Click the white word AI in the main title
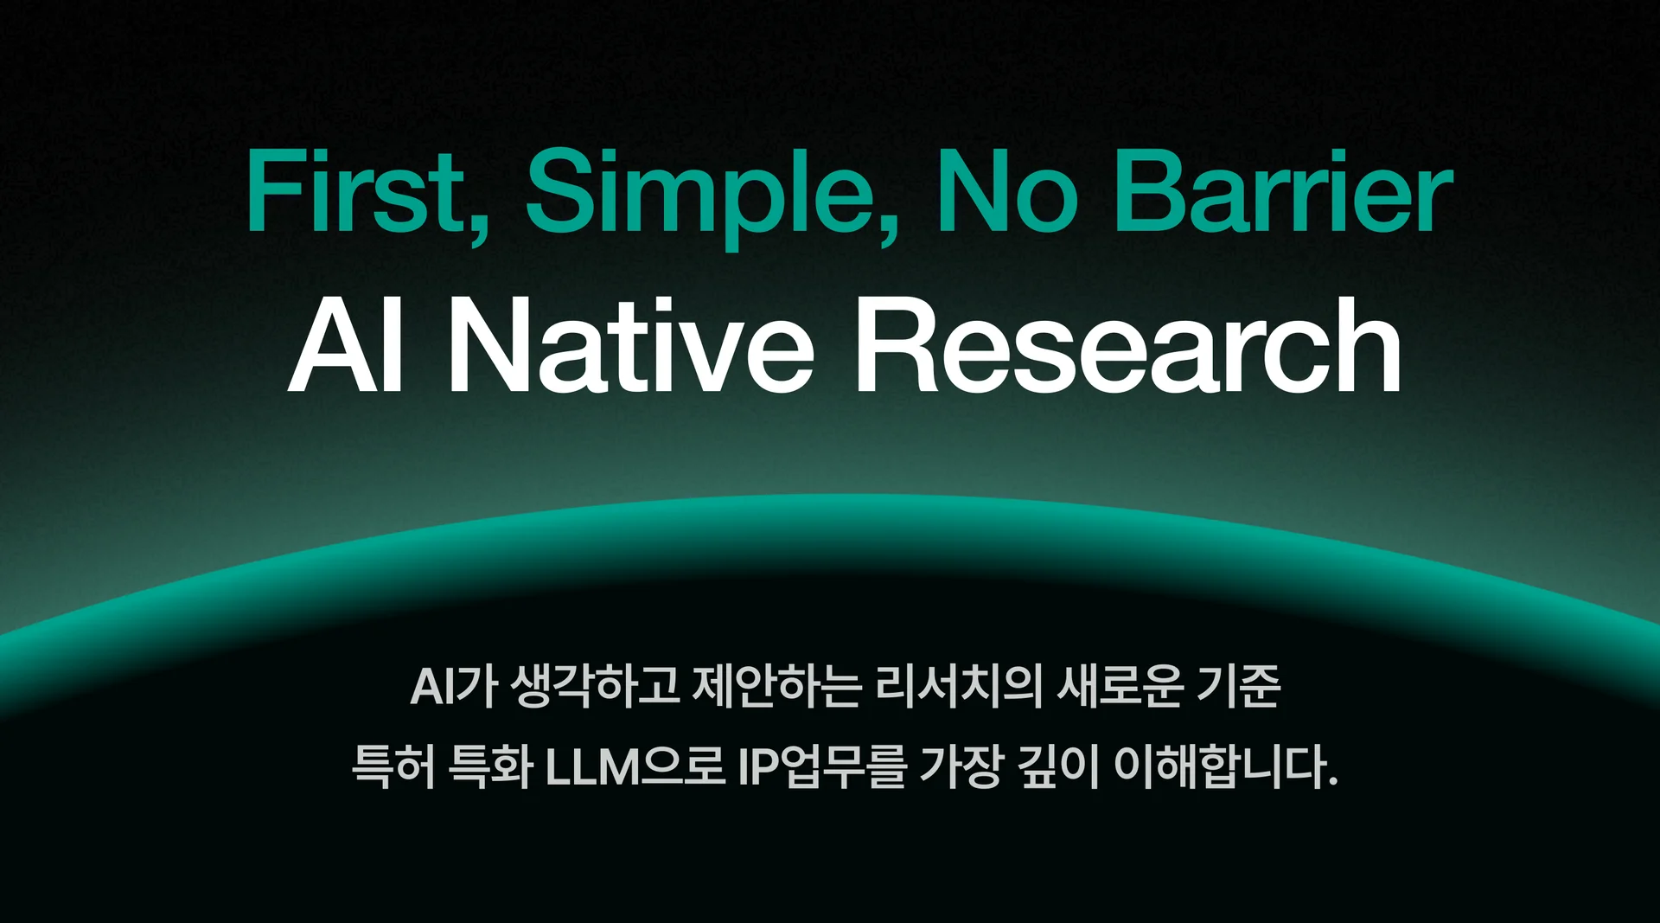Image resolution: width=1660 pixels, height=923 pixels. coord(346,344)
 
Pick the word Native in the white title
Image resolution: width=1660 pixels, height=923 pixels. coord(630,344)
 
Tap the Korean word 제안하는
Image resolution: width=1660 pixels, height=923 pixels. coord(778,687)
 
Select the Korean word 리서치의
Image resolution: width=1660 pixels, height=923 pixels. coord(960,687)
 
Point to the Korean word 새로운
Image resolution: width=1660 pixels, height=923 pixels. coord(1120,687)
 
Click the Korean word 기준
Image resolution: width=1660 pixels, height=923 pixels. coord(1238,687)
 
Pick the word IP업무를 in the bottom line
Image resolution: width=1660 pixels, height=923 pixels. coord(823,766)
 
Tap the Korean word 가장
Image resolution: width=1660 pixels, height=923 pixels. coord(961,766)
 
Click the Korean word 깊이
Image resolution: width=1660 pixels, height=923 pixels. coord(1057,766)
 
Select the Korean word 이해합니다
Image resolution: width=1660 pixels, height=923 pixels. coord(1225,766)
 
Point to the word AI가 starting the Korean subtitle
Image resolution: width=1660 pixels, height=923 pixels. coord(454,687)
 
